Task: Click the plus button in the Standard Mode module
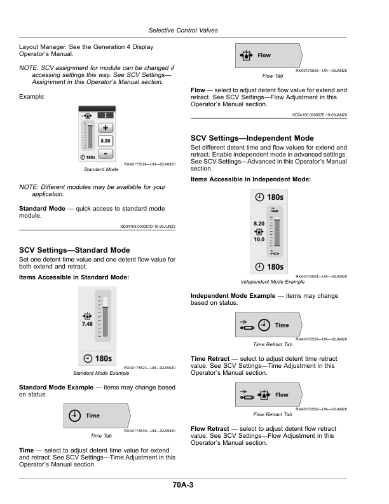point(106,128)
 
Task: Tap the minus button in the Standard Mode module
point(106,153)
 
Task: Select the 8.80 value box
point(106,141)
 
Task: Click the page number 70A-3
point(183,485)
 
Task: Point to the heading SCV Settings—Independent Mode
point(252,138)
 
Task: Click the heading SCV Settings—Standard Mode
point(74,250)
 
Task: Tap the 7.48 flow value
point(87,324)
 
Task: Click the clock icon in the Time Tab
point(74,416)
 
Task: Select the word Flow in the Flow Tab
point(264,55)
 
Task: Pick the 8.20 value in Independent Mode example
point(259,224)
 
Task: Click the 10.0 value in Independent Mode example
point(259,239)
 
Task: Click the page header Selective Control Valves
point(183,30)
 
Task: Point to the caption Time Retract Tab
point(273,344)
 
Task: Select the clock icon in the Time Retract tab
point(264,325)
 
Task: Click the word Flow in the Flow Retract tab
point(282,395)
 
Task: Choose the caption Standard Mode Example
point(101,373)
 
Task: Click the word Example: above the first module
point(32,97)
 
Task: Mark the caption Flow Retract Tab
point(273,415)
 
